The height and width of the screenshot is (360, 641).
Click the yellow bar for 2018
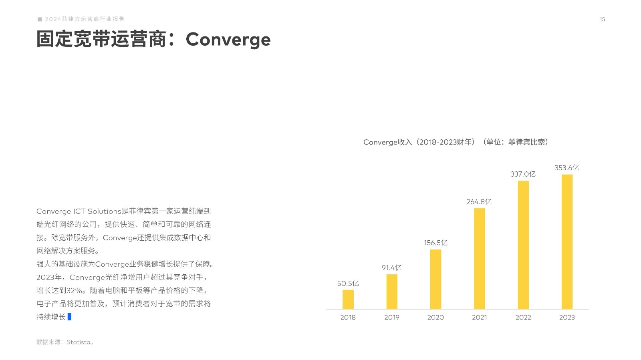[348, 300]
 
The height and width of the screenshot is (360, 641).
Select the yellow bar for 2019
[392, 292]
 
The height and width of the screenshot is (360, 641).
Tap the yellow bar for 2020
[435, 280]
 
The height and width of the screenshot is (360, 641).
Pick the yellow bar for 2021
[479, 259]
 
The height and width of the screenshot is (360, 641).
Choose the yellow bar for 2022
[523, 245]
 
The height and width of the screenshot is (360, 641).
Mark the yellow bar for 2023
[567, 242]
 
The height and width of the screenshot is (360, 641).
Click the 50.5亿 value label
[348, 284]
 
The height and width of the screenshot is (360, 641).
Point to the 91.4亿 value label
[391, 267]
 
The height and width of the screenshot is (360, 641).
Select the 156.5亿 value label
[435, 243]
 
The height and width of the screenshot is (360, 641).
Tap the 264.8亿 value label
[479, 202]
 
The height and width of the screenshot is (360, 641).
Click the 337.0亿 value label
[523, 174]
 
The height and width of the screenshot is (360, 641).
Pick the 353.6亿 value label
[566, 168]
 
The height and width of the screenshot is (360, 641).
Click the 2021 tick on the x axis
[479, 318]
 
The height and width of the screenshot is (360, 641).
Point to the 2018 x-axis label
[348, 318]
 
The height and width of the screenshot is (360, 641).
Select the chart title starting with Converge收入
[456, 142]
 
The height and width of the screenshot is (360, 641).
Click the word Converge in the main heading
[228, 40]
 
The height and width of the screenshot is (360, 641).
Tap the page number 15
[602, 20]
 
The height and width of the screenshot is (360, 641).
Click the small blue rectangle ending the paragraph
[69, 316]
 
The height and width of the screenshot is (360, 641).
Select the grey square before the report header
[40, 19]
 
